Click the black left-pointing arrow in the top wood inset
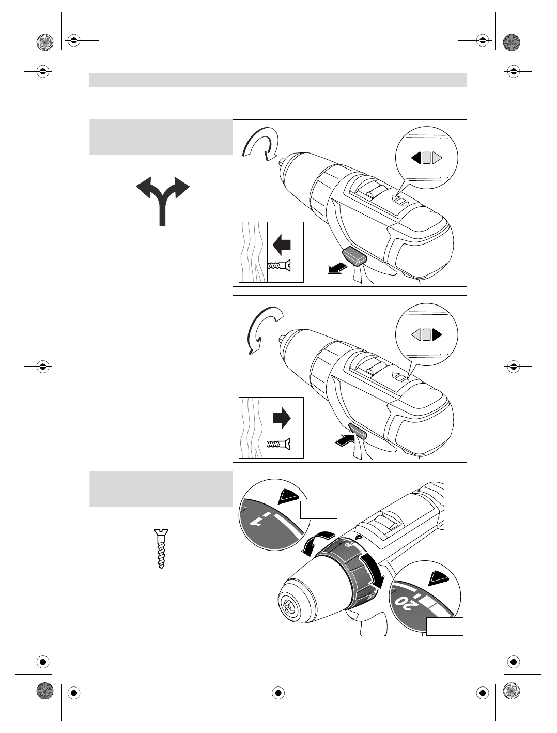click(282, 244)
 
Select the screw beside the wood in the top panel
click(280, 266)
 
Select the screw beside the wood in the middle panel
click(280, 443)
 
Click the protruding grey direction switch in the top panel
click(354, 255)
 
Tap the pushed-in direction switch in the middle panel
click(357, 431)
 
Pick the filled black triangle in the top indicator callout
click(416, 158)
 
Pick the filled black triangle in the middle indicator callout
click(437, 334)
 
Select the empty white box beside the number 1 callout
click(318, 510)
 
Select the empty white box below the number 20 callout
click(444, 626)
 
